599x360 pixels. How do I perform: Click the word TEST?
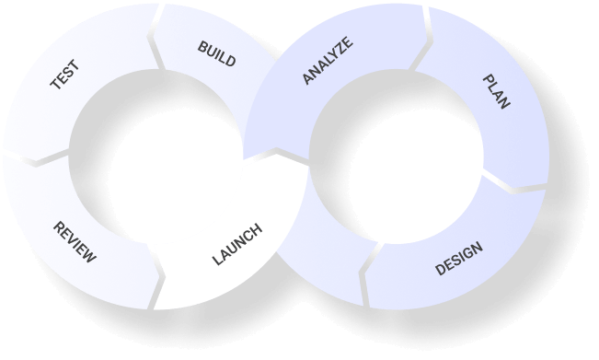click(65, 75)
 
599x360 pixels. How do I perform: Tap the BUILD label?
click(216, 53)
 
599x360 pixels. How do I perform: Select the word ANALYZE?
click(328, 61)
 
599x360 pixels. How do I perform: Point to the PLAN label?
click(496, 92)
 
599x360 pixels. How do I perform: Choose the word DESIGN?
click(459, 259)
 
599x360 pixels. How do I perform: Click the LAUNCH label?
click(237, 244)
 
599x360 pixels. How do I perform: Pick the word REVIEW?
click(75, 242)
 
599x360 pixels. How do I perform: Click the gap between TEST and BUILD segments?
click(156, 38)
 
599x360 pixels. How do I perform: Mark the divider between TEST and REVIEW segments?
click(36, 158)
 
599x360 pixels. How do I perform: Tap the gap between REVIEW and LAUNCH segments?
click(156, 276)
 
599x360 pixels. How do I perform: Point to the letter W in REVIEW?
click(90, 257)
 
